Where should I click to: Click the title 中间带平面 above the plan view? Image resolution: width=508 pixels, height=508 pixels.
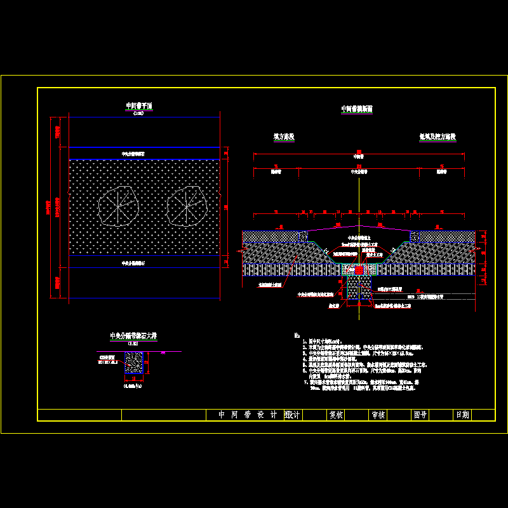[139, 106]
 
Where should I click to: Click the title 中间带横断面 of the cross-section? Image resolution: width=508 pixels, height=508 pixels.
[357, 109]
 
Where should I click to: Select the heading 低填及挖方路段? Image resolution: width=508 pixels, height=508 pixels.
[438, 137]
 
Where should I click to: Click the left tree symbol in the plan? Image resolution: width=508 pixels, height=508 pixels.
[118, 206]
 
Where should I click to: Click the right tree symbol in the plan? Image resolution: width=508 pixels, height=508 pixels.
[186, 206]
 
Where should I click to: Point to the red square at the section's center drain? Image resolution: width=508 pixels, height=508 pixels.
[359, 271]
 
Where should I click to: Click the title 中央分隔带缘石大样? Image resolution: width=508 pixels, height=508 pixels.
[134, 336]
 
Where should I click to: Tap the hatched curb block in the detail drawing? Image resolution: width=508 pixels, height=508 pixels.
[134, 363]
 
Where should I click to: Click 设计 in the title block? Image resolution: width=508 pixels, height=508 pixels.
[293, 415]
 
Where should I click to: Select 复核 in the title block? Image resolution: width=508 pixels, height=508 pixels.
[336, 415]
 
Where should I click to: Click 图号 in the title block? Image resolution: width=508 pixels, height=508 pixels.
[420, 415]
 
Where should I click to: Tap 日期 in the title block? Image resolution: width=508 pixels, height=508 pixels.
[462, 415]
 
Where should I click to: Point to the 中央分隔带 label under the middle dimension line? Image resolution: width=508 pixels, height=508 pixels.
[359, 171]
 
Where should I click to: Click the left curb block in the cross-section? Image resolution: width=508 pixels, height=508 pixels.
[304, 236]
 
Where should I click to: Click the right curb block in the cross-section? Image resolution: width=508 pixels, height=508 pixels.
[415, 236]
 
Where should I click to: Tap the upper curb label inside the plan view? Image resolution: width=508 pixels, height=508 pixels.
[133, 154]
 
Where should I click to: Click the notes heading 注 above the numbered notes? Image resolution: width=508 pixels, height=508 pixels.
[297, 335]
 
